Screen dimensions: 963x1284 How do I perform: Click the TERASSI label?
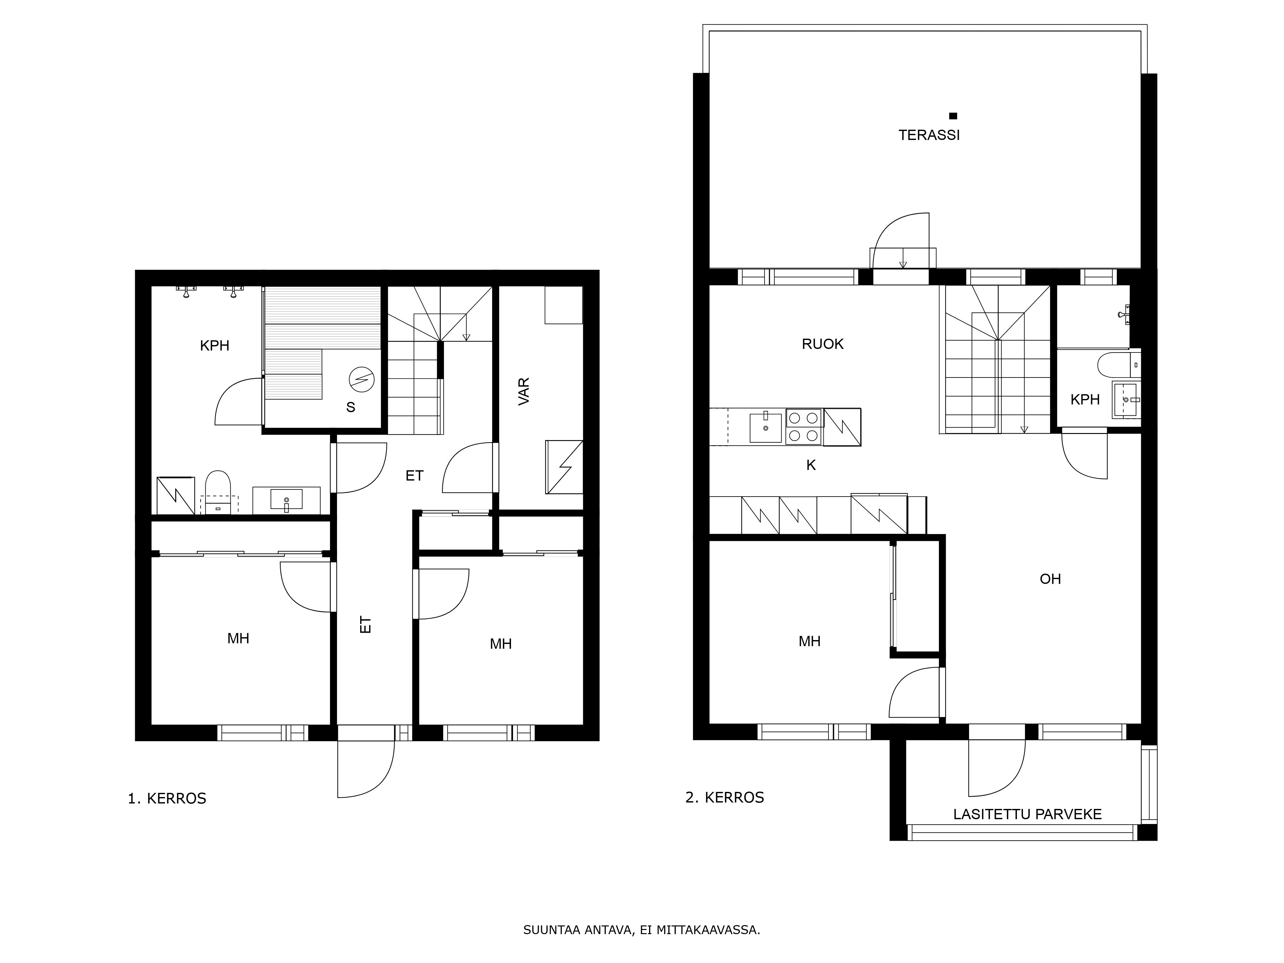(x=929, y=135)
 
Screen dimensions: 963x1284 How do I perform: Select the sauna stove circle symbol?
(x=362, y=380)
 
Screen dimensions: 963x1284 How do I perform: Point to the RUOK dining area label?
(x=822, y=344)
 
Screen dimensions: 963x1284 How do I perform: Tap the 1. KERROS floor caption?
(x=167, y=799)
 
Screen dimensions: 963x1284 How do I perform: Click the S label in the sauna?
(x=351, y=407)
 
